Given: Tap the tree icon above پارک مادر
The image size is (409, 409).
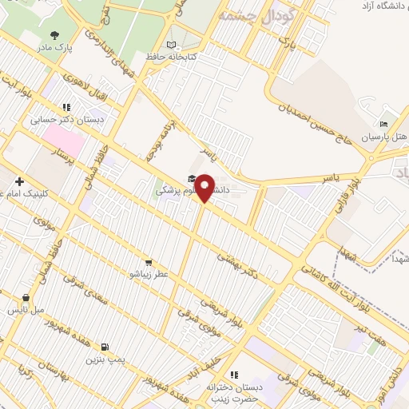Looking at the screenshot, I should [x=54, y=34].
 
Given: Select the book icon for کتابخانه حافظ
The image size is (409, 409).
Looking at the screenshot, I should [x=171, y=45].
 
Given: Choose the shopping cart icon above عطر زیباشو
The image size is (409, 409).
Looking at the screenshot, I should [x=149, y=262].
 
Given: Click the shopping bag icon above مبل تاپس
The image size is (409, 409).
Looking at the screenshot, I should [x=26, y=297].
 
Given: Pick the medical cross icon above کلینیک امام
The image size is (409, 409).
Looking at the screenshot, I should [x=18, y=181].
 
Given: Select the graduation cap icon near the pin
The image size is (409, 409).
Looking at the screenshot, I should [x=192, y=178].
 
